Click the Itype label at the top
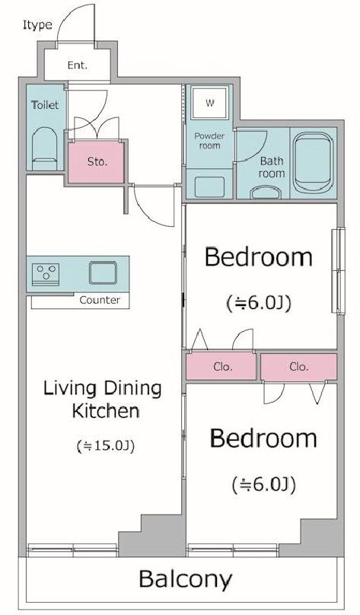[37, 25]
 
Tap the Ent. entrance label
[77, 65]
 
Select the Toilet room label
[45, 105]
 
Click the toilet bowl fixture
[44, 148]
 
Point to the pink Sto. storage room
[96, 162]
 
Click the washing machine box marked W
[210, 104]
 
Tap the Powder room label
[209, 140]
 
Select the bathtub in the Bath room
[313, 162]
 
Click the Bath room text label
[272, 167]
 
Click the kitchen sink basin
[103, 272]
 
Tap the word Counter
[100, 301]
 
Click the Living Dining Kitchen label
[102, 400]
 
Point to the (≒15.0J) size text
[106, 446]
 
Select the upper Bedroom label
[259, 257]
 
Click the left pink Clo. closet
[221, 366]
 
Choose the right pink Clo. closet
[299, 367]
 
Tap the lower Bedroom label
[263, 438]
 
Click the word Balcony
[186, 580]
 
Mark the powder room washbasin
[209, 186]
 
